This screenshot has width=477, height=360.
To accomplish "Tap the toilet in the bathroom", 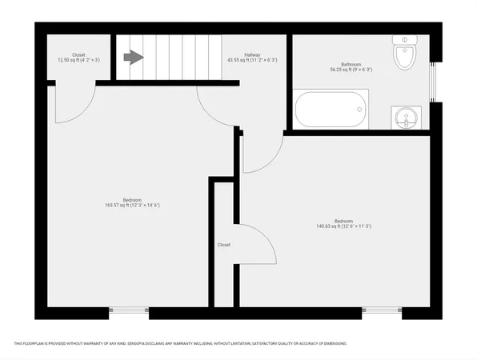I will click(405, 54).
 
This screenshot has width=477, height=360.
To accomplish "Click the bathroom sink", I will click(407, 119).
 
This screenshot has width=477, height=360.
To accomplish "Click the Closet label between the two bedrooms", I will click(223, 245).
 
